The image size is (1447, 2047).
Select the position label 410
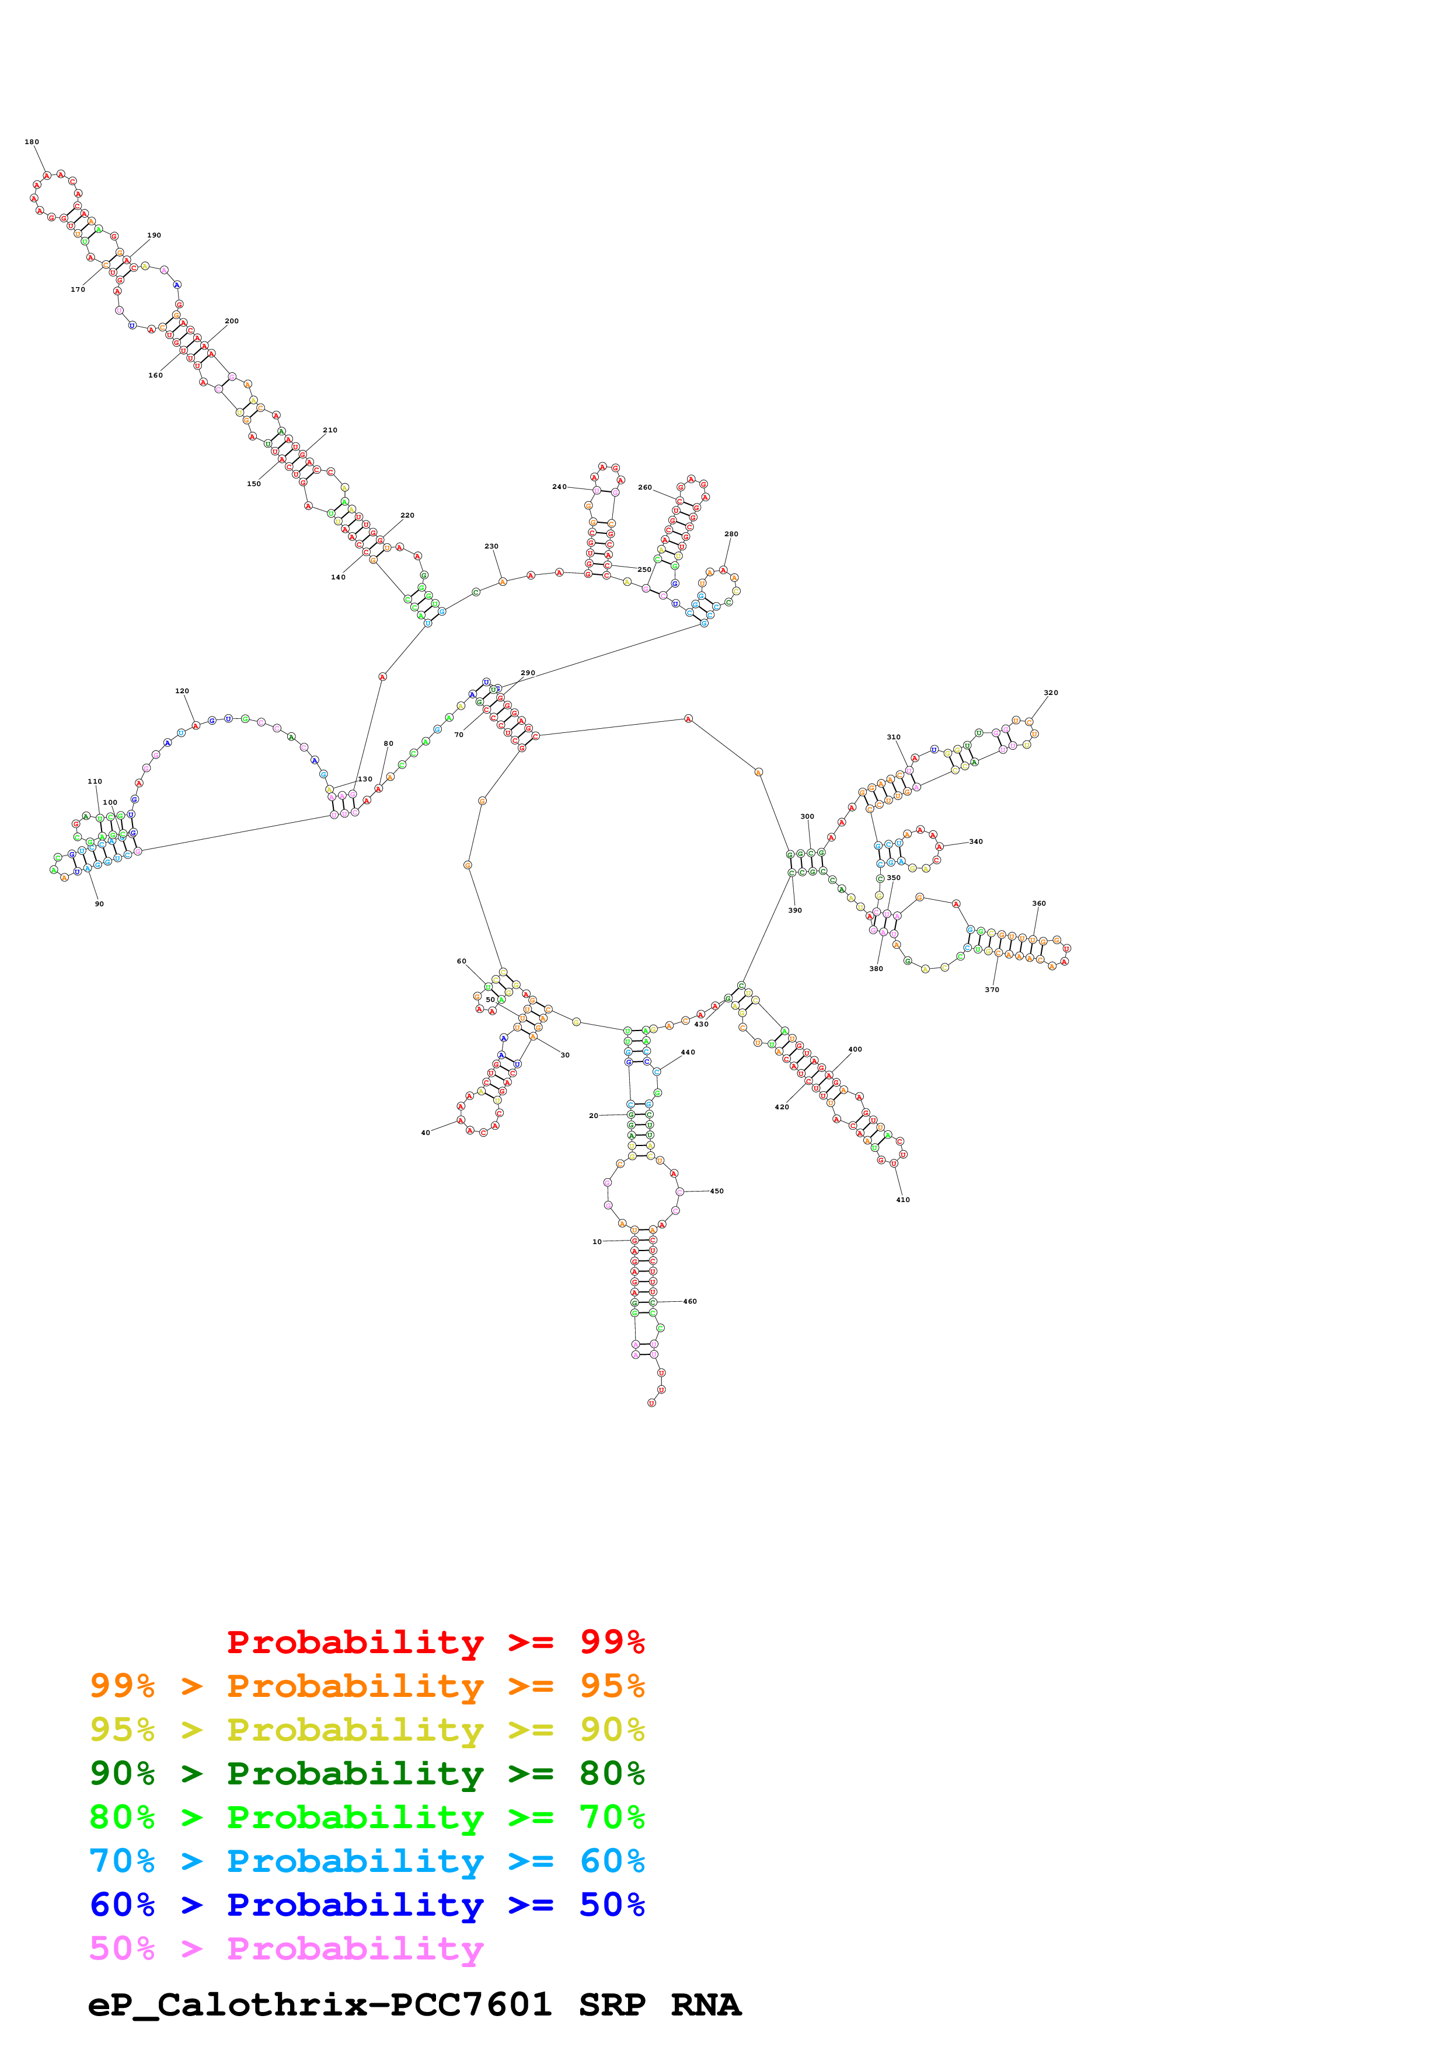(x=902, y=1200)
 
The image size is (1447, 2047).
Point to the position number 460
(x=689, y=1302)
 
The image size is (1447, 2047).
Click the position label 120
(x=182, y=691)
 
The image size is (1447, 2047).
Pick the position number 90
(x=99, y=904)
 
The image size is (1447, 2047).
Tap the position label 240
(x=559, y=487)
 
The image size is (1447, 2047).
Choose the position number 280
(x=731, y=534)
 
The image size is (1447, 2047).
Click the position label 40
(x=426, y=1133)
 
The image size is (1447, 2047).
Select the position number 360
(x=1038, y=903)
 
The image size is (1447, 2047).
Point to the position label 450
(x=717, y=1191)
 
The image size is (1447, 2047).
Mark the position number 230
(x=491, y=547)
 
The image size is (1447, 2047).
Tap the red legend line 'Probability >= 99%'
(x=435, y=1642)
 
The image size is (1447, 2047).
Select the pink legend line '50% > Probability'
(x=286, y=1949)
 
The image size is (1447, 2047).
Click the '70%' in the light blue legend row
(x=121, y=1861)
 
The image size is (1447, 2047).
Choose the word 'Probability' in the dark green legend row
(x=355, y=1774)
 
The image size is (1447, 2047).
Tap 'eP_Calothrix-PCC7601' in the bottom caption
(x=319, y=2005)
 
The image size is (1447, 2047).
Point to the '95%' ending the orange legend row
(x=612, y=1686)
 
